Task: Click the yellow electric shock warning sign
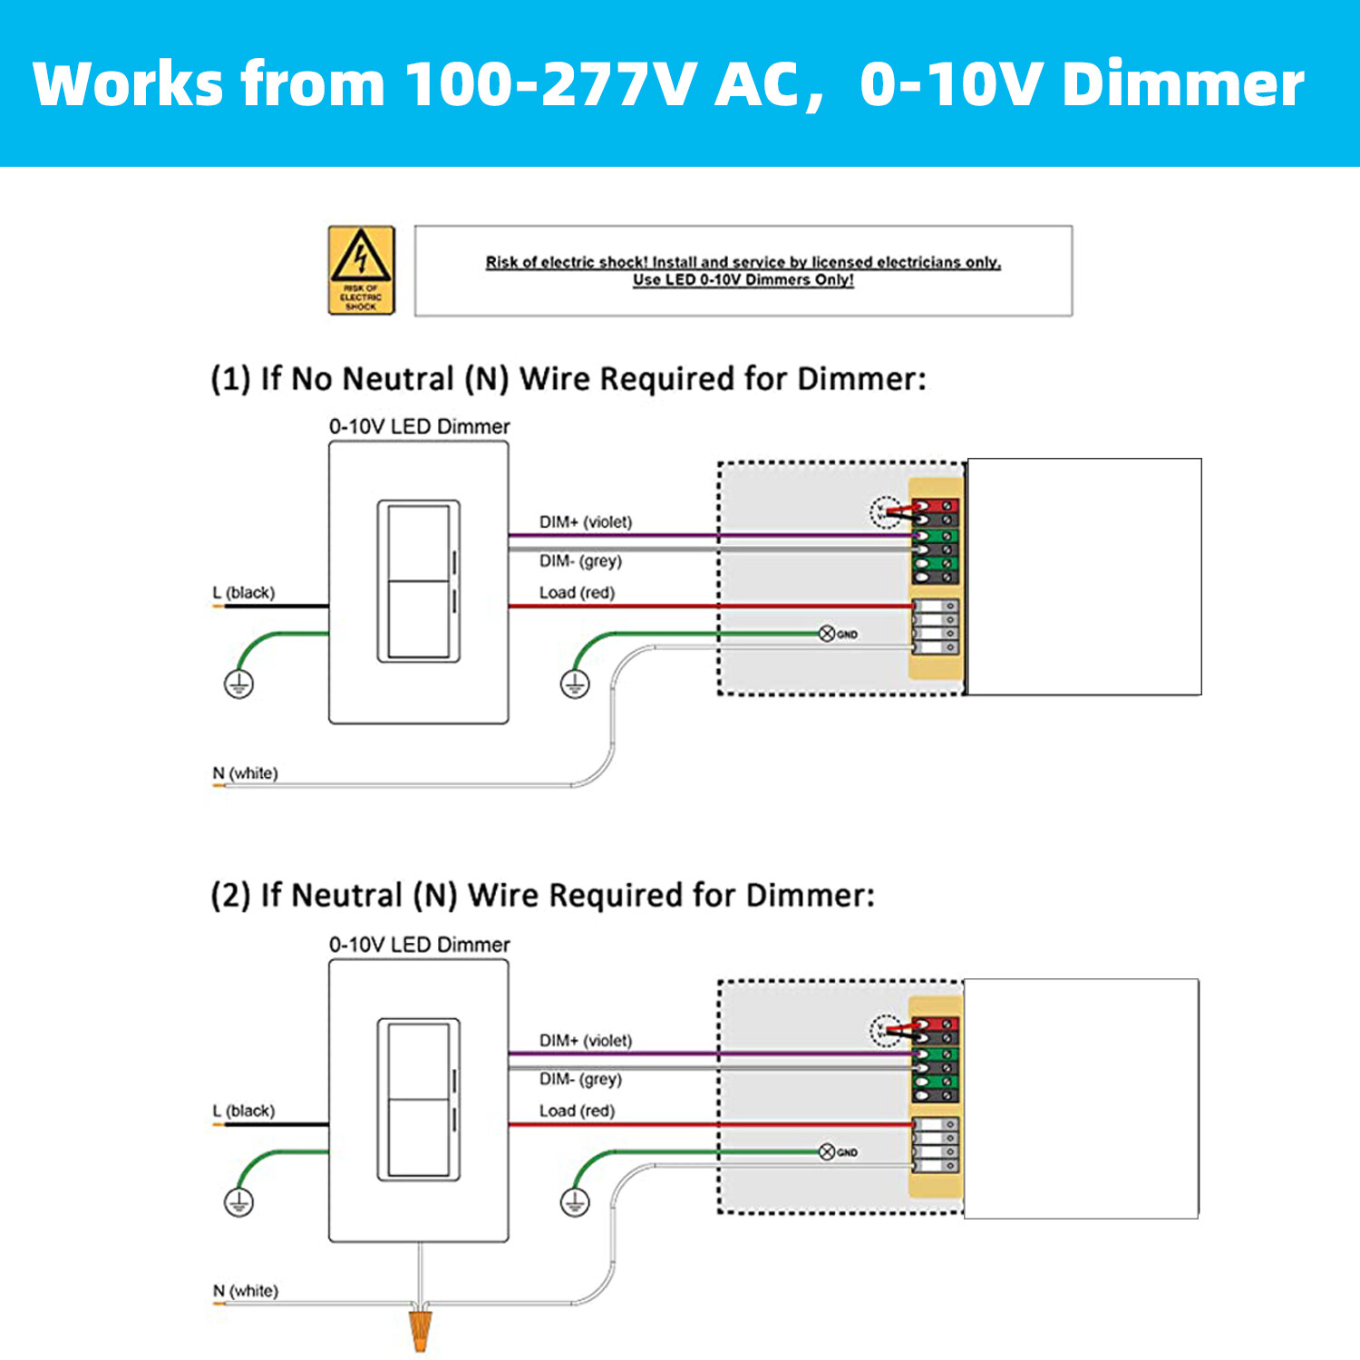(x=361, y=270)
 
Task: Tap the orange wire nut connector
(x=420, y=1327)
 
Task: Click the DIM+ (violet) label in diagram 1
(x=585, y=522)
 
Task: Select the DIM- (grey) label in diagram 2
(x=580, y=1079)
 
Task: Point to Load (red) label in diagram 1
(x=577, y=593)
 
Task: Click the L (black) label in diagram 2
(x=243, y=1111)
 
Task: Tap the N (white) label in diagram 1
(x=245, y=773)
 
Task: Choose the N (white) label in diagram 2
(x=245, y=1291)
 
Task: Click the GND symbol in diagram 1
(x=827, y=634)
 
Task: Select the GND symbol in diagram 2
(x=827, y=1151)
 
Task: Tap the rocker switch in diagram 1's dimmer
(x=418, y=581)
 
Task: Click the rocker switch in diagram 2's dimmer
(x=418, y=1100)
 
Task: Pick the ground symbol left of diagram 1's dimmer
(x=239, y=684)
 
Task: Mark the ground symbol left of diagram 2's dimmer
(x=239, y=1202)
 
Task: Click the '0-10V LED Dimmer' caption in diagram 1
(x=419, y=426)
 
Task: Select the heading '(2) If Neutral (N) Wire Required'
(x=542, y=896)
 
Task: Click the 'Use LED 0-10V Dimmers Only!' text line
(x=743, y=280)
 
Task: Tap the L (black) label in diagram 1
(x=243, y=593)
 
